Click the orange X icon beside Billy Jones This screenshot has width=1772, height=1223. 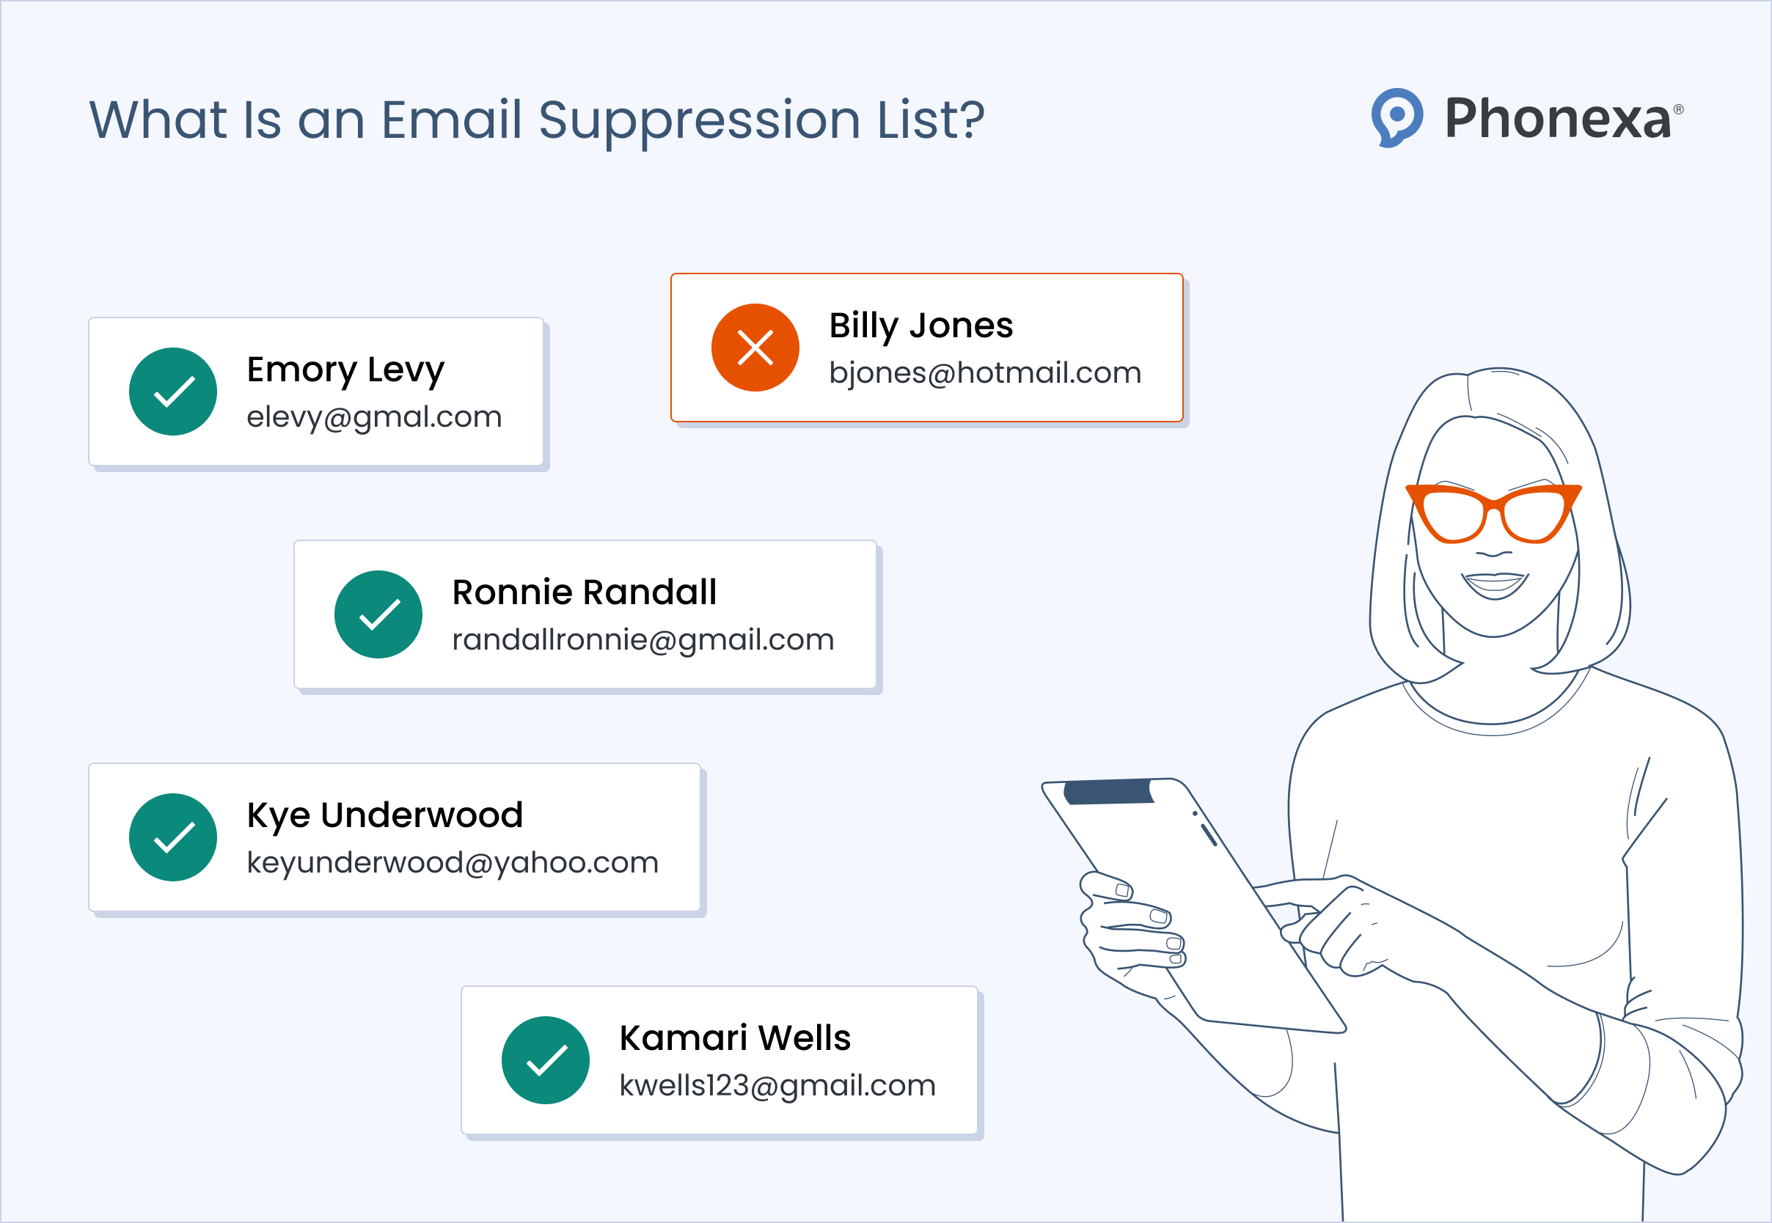tap(755, 348)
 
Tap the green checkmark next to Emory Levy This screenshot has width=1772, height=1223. tap(173, 392)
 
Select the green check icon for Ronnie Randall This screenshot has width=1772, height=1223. tap(378, 614)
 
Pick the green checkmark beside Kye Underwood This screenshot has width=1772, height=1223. tap(173, 837)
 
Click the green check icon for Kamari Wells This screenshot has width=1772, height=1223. tap(546, 1060)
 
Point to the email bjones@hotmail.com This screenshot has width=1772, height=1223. tap(985, 373)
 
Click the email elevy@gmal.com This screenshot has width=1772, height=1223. tap(374, 418)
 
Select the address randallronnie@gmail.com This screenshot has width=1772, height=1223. tap(643, 640)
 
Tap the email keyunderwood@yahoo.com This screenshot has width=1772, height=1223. tap(453, 863)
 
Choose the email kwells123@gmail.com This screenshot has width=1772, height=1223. tap(777, 1086)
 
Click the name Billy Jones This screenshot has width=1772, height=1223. tap(920, 326)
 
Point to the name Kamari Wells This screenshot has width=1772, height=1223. tap(735, 1038)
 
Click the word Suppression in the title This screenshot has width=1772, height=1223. tap(699, 121)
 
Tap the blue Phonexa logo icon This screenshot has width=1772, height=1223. tap(1396, 117)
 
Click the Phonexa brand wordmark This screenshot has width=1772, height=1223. tap(1557, 119)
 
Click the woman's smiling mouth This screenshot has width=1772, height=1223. tap(1494, 584)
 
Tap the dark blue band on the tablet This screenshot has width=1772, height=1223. tap(1109, 792)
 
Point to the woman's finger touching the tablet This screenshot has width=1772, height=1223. tap(1295, 932)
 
